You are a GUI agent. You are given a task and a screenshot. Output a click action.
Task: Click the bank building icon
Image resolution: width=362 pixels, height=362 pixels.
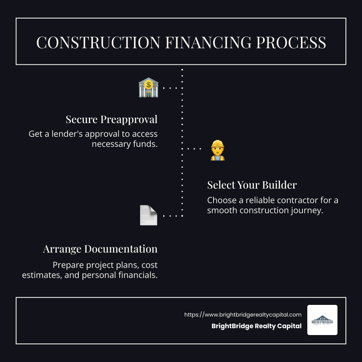pos(148,88)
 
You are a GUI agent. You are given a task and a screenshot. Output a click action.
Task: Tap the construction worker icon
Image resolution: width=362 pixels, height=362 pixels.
pos(217,150)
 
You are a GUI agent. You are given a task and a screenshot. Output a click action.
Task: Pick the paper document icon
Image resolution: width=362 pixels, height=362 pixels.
pos(148,215)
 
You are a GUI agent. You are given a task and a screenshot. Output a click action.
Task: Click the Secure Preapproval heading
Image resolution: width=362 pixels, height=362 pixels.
pos(111,119)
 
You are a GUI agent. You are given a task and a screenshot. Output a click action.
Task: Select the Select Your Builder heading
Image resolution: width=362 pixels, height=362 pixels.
pos(252,185)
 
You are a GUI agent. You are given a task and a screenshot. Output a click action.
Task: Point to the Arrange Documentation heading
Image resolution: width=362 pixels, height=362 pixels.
pos(100,249)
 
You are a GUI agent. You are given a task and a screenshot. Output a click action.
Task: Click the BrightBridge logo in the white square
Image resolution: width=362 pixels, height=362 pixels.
pos(322,320)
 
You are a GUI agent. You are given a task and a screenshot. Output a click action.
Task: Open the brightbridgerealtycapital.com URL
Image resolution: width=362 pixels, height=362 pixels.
pos(243,315)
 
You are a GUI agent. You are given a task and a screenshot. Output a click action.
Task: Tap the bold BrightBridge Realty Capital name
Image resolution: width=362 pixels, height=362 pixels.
pos(257,326)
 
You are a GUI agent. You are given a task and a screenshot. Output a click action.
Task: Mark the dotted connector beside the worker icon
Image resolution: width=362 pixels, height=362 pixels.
pos(194,149)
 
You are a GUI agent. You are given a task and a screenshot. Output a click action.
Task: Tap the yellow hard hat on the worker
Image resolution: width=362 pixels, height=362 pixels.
pos(217,144)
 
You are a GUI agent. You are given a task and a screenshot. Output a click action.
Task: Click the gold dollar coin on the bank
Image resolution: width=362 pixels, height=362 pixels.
pos(149,85)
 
